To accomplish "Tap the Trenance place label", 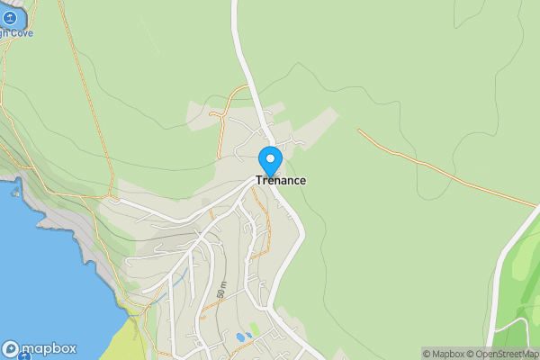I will pos(281,181).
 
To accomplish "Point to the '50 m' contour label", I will pos(220,290).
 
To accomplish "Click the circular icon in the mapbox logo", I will pos(11,349).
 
